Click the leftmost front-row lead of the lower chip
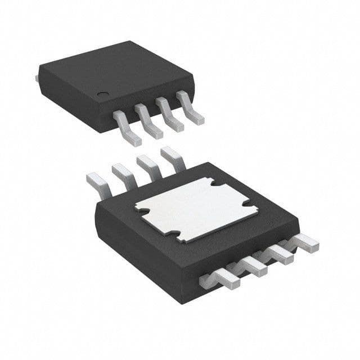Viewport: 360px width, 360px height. point(220,278)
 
